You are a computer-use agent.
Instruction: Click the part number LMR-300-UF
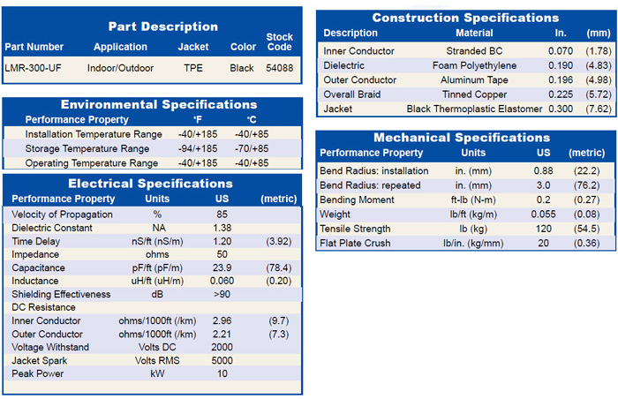coord(34,68)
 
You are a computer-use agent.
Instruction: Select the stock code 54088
coord(280,68)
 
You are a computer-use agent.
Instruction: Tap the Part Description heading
coord(162,26)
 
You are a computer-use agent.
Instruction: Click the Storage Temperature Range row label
coord(87,148)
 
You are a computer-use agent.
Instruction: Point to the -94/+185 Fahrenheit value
coord(198,148)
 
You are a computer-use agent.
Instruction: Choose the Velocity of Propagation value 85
coord(222,215)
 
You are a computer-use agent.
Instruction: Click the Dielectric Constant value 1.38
coord(222,228)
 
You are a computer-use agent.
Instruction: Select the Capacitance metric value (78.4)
coord(279,267)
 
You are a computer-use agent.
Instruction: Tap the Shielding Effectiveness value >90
coord(222,294)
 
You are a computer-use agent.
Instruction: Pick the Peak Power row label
coord(37,373)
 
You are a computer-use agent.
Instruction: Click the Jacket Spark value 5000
coord(222,360)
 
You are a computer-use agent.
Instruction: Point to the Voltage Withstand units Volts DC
coord(157,347)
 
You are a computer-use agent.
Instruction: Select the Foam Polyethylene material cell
coord(474,65)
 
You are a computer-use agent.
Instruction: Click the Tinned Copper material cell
coord(474,94)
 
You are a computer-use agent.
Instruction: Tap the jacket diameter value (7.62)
coord(599,109)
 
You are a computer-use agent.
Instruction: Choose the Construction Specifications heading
coord(465,18)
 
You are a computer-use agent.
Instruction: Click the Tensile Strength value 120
coord(543,229)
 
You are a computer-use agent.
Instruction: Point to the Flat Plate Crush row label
coord(355,243)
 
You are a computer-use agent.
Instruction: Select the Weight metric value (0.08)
coord(586,215)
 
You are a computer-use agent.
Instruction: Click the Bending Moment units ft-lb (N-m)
coord(473,199)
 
